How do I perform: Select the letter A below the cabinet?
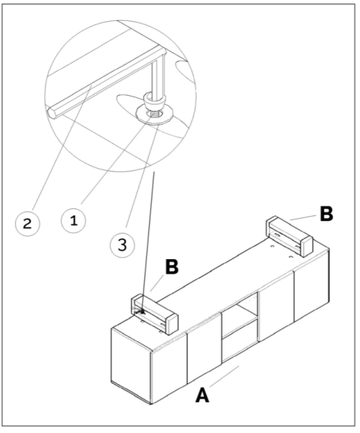[202, 396]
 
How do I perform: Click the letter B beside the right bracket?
[326, 214]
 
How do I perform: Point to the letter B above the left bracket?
[172, 267]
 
